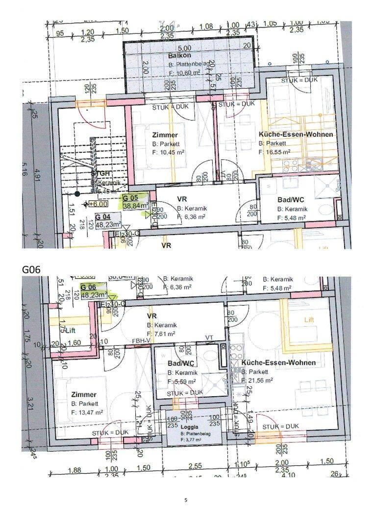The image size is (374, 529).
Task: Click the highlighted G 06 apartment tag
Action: pyautogui.click(x=89, y=288)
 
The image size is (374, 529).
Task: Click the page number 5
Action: pyautogui.click(x=186, y=500)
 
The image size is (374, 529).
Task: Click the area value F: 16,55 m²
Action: pyautogui.click(x=274, y=152)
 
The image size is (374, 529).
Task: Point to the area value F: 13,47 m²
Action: pyautogui.click(x=87, y=412)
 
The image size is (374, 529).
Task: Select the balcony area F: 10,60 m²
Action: pyautogui.click(x=184, y=72)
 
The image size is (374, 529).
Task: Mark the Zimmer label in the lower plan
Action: pyautogui.click(x=83, y=395)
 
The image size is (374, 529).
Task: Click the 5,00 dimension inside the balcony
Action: pyautogui.click(x=184, y=48)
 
